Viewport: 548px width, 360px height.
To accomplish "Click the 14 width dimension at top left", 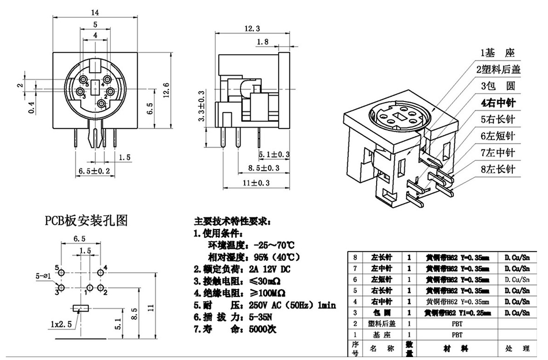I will tap(95, 12).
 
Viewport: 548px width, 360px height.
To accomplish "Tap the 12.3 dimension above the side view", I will tap(252, 28).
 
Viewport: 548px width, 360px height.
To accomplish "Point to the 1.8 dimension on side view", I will tap(262, 42).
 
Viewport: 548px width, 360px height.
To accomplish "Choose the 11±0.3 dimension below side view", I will tap(256, 183).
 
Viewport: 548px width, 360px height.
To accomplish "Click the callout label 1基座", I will tap(496, 54).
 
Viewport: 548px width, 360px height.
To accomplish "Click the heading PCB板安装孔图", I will tap(87, 220).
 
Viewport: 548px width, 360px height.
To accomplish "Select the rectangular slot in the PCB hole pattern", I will tap(81, 308).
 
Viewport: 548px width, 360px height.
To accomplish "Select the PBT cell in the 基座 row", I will tap(456, 334).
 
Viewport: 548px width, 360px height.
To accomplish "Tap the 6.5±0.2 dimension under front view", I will tap(93, 171).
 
